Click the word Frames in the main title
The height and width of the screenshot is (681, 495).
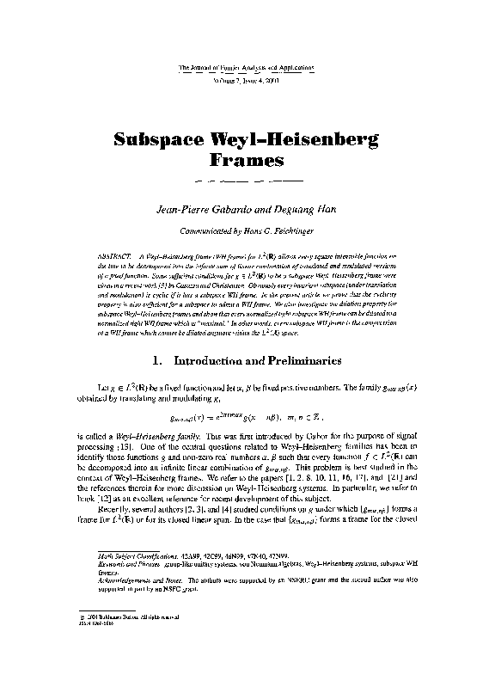click(247, 160)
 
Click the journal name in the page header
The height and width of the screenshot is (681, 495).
click(247, 66)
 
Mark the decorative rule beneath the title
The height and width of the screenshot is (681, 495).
click(247, 182)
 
